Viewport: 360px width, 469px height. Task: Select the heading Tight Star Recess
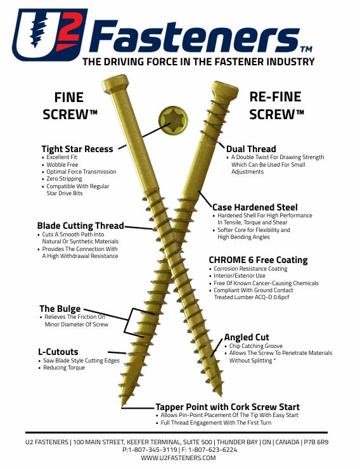coord(77,149)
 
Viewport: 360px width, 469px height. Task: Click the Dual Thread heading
coord(251,149)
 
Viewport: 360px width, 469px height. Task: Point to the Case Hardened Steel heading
coord(254,207)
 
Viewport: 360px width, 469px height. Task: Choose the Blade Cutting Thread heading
coord(80,226)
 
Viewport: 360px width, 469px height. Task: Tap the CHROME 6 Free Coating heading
coord(258,260)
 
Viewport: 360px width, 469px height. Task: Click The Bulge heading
coord(60,309)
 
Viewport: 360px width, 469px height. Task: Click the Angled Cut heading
coord(247,337)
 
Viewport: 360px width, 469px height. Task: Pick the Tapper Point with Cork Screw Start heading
coord(228,407)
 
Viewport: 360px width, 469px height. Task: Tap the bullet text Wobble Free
coord(62,165)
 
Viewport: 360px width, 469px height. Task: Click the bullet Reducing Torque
coord(64,368)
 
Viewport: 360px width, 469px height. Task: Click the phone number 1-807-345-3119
coord(151,449)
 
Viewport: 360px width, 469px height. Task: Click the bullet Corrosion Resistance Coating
coord(250,269)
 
